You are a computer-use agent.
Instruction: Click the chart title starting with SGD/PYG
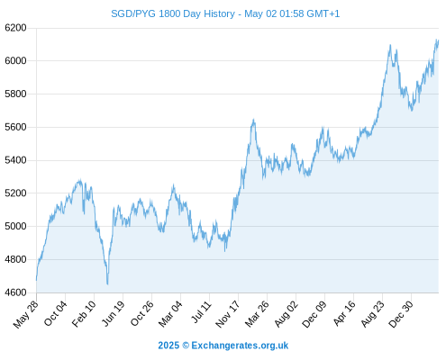pos(225,13)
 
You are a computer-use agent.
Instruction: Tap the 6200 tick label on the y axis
pos(15,28)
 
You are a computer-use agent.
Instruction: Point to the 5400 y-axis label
pos(15,160)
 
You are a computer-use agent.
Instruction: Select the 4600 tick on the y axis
pos(15,292)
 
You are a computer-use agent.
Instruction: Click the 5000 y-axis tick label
pos(15,226)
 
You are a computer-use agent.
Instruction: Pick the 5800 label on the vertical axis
pos(15,94)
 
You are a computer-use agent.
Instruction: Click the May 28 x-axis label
pos(26,314)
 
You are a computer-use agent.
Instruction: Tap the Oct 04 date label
pos(55,313)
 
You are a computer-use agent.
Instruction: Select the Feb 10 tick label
pos(84,313)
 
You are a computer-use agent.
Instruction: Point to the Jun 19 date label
pos(113,313)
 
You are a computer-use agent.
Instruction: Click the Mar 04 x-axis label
pos(170,313)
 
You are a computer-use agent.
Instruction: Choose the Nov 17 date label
pos(228,314)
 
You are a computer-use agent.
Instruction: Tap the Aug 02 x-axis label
pos(286,314)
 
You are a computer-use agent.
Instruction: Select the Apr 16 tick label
pos(343,313)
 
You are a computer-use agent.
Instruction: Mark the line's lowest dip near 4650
pos(107,283)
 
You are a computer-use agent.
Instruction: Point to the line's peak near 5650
pos(254,120)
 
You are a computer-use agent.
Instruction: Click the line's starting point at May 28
pos(37,280)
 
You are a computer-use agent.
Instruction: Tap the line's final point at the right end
pos(439,40)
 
